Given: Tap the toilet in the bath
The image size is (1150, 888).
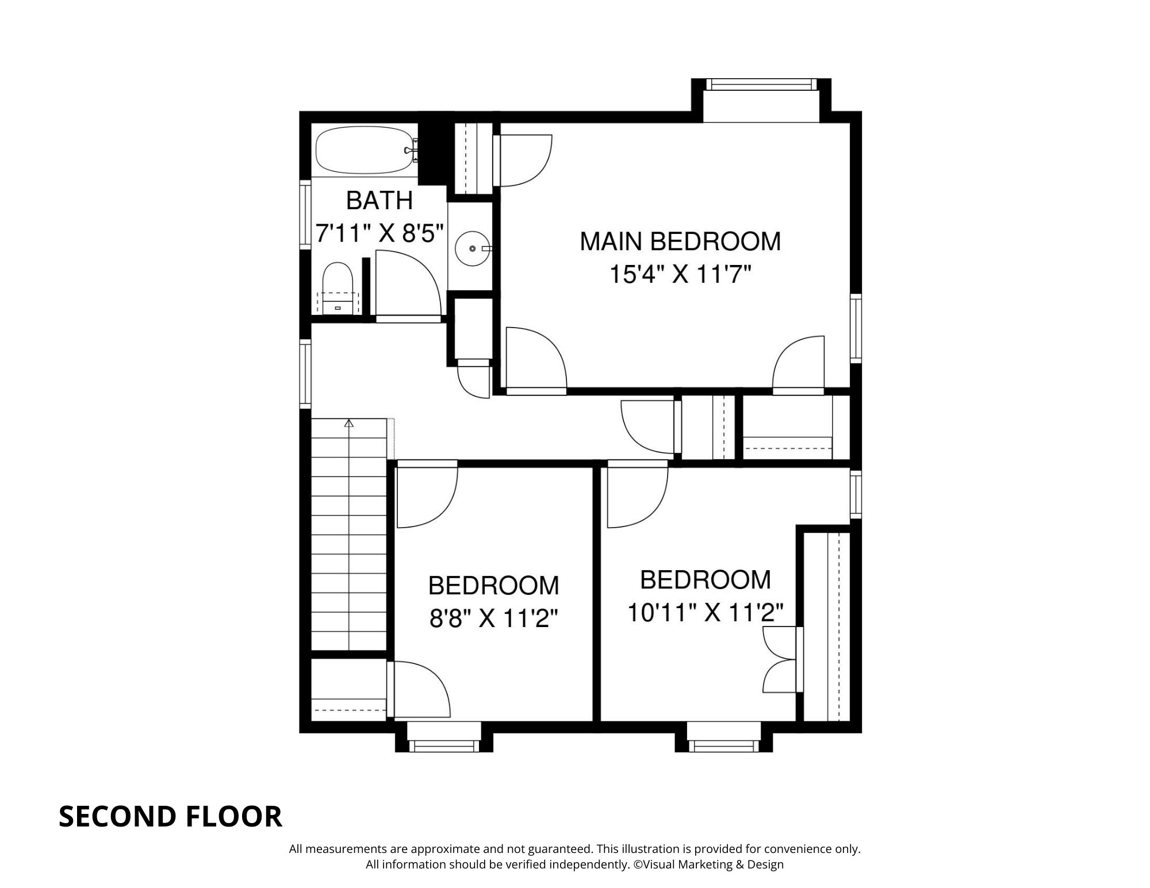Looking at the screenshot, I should tap(337, 287).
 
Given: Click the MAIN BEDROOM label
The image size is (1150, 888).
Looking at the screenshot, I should tap(680, 241).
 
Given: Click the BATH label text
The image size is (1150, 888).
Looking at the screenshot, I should tap(379, 201).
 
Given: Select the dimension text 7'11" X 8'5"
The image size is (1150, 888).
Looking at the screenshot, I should tap(380, 234).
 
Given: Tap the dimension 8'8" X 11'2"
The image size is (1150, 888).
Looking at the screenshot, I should tap(494, 619).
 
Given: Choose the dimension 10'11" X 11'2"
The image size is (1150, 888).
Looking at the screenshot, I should tap(705, 613).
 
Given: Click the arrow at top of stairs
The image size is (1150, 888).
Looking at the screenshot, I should tap(348, 424).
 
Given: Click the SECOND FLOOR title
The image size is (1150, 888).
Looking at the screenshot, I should tap(170, 817).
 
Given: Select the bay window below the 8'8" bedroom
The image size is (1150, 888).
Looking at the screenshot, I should tap(443, 746).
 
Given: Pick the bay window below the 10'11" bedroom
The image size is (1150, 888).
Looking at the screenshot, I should tap(723, 746).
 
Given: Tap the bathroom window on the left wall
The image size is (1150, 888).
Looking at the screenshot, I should tap(305, 214).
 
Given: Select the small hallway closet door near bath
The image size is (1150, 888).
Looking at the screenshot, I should tap(473, 378).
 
